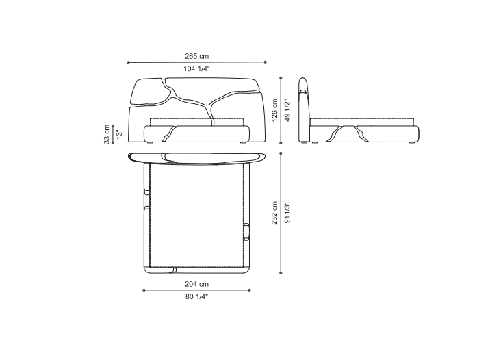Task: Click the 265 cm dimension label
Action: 196,57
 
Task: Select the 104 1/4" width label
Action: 196,68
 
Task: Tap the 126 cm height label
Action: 274,110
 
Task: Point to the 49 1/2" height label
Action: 287,110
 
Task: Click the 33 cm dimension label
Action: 107,134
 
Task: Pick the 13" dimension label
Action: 119,134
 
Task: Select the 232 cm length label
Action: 274,213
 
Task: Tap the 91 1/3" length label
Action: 287,213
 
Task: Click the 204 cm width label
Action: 196,284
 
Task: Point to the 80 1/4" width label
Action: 196,296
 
